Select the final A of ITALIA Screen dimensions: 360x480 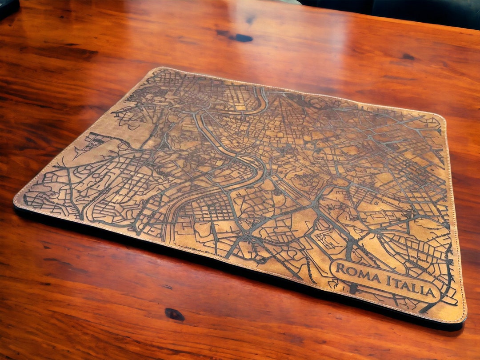click(x=429, y=292)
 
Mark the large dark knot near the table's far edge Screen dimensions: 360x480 click(x=240, y=37)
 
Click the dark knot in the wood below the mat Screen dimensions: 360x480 click(x=174, y=314)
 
